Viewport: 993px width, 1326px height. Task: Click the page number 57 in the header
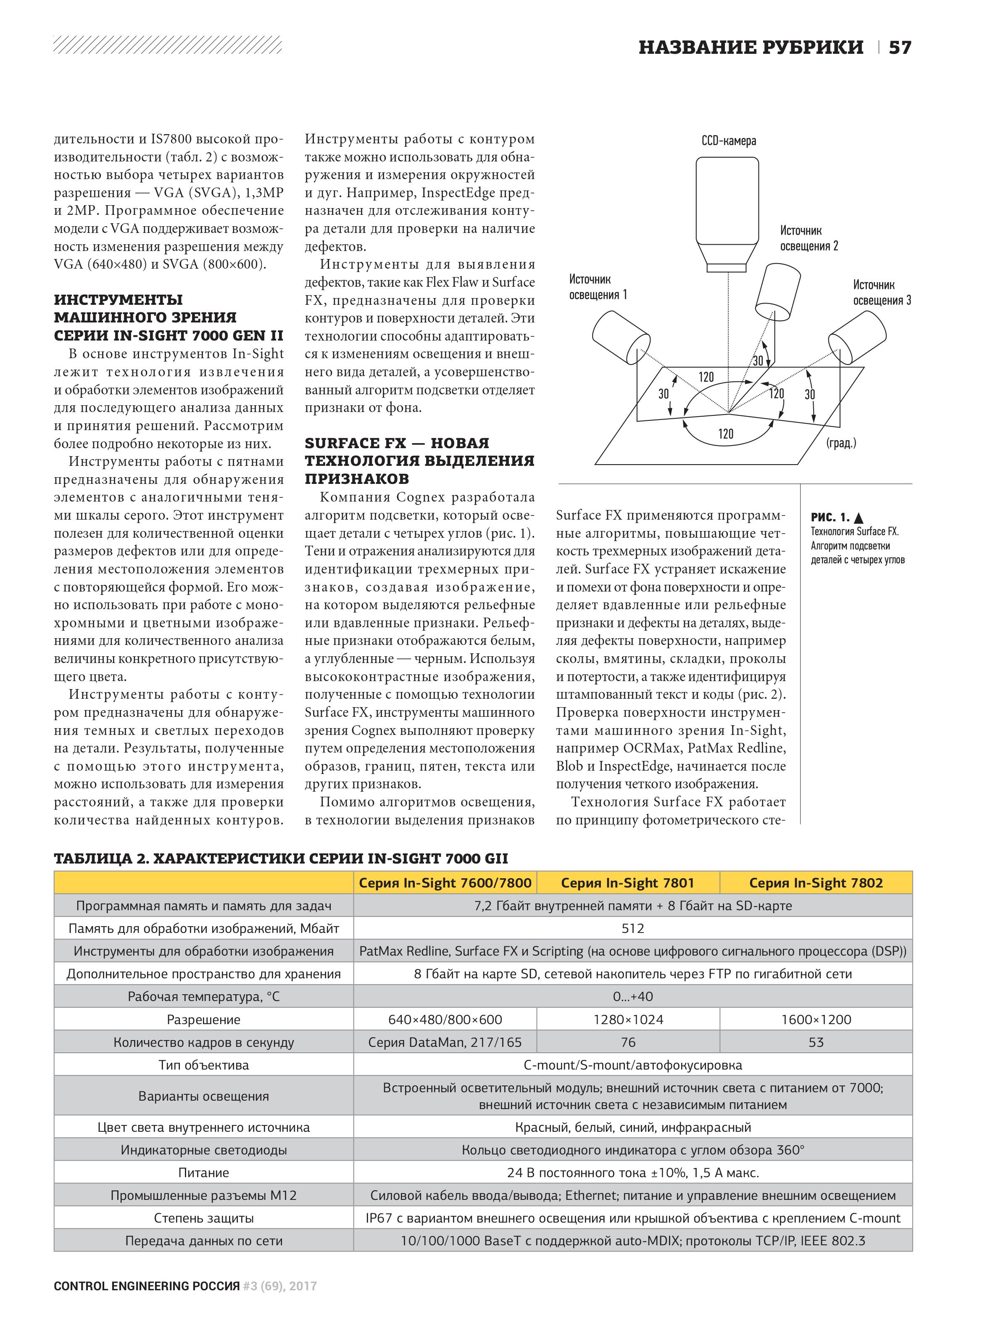(x=900, y=48)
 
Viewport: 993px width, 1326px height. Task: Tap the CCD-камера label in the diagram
(x=728, y=141)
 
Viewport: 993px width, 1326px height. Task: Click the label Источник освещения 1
(x=598, y=287)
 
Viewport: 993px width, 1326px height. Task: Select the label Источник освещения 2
(x=809, y=238)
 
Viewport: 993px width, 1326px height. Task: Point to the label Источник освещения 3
(x=882, y=293)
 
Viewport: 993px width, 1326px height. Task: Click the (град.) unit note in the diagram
(x=841, y=443)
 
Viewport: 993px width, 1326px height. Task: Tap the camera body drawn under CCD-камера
(x=727, y=201)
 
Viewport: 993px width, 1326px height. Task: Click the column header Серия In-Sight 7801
(x=627, y=882)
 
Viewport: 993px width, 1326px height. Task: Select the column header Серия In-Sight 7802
(x=816, y=882)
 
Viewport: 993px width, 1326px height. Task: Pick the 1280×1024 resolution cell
(x=627, y=1019)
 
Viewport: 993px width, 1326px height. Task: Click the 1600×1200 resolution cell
(x=816, y=1019)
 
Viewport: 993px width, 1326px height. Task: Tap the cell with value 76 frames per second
(x=627, y=1042)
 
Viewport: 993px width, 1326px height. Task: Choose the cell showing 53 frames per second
(x=816, y=1042)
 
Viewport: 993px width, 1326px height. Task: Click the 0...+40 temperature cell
(x=632, y=996)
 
